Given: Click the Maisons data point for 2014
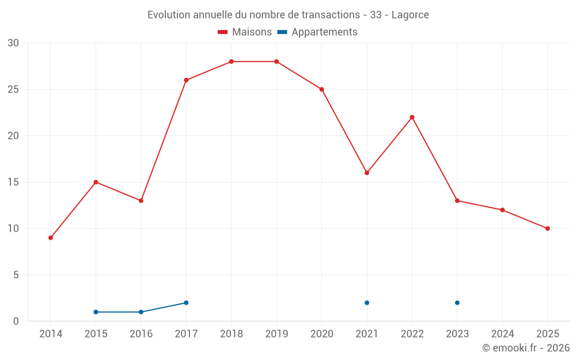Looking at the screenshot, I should (51, 238).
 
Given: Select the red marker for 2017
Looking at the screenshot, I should (186, 80).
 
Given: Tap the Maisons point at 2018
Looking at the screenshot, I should (231, 62).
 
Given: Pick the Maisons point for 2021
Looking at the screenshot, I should (367, 173).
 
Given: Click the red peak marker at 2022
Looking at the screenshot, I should (412, 118).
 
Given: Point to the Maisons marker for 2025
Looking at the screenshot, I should (547, 229).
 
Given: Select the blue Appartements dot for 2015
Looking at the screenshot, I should (96, 312).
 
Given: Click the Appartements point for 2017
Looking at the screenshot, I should (186, 303).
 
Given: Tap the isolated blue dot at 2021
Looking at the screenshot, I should (367, 303).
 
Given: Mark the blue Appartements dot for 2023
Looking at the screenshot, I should (457, 303).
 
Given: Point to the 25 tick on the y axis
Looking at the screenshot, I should (13, 90).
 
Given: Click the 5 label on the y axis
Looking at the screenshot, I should (16, 275).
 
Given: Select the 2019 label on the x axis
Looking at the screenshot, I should (276, 334).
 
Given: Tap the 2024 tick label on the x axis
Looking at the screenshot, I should (502, 334).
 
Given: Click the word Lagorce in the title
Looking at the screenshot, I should (410, 15).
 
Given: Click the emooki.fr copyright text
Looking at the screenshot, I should (525, 348).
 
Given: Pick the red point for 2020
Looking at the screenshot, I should (321, 89).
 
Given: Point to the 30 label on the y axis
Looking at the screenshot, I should (13, 43).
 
